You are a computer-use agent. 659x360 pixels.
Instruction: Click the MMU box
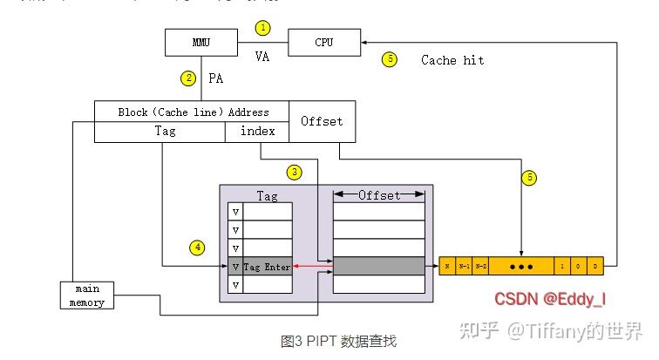tap(201, 42)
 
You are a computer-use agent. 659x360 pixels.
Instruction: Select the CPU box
tap(323, 42)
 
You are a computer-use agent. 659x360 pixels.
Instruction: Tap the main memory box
tap(87, 295)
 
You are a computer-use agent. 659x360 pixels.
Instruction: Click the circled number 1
tap(262, 28)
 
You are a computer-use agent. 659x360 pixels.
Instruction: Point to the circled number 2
tap(187, 78)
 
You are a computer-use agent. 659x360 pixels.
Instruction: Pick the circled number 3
tap(295, 172)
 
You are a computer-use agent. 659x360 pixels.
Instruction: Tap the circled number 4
tap(197, 248)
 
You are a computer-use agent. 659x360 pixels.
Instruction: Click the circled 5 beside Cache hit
tap(389, 59)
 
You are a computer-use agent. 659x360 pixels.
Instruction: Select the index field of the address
tap(257, 132)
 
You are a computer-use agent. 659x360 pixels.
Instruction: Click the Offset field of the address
tap(322, 121)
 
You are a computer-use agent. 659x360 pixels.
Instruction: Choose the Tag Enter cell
tap(267, 267)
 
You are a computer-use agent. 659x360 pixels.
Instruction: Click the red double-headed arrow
tap(313, 267)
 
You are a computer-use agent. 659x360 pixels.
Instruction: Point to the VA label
tap(262, 57)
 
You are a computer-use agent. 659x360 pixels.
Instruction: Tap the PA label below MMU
tap(216, 78)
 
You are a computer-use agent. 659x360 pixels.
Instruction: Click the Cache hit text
tap(452, 60)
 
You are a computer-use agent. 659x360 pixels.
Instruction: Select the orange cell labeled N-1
tap(464, 266)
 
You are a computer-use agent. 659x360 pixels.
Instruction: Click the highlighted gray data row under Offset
tap(379, 267)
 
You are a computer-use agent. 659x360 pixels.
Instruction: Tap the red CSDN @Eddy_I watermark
tap(550, 299)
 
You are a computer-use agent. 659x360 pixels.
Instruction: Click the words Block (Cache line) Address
tap(193, 112)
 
